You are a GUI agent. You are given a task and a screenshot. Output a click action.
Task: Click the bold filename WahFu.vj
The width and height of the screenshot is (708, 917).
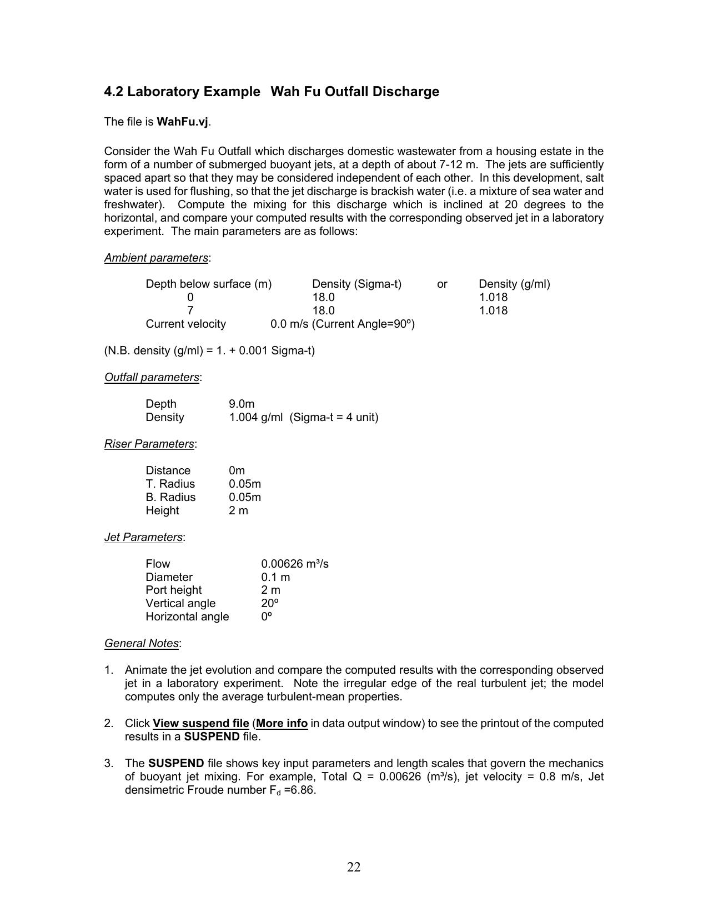click(183, 122)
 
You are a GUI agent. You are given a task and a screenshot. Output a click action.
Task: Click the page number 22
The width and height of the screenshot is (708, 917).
click(354, 867)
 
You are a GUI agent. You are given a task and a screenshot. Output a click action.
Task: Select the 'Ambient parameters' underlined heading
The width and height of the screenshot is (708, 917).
click(156, 258)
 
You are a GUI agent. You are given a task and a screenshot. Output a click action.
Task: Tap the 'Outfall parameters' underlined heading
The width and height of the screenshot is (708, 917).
click(152, 377)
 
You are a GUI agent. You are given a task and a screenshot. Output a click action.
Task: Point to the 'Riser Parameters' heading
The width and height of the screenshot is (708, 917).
click(149, 444)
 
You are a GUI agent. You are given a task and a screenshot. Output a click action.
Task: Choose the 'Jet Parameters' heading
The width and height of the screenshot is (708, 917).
click(143, 537)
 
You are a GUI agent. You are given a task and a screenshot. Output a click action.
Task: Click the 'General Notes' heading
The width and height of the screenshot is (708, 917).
click(142, 643)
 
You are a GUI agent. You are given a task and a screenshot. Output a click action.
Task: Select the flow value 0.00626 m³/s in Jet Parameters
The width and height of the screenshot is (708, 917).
click(295, 564)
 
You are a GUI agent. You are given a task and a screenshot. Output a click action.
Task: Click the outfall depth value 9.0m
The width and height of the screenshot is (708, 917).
click(242, 404)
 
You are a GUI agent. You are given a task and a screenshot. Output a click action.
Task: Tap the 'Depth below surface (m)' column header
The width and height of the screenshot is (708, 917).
click(209, 284)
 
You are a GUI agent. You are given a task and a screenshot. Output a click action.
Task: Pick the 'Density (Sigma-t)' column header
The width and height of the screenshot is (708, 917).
click(356, 284)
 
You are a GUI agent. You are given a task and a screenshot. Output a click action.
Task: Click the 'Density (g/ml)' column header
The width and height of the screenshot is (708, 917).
click(514, 284)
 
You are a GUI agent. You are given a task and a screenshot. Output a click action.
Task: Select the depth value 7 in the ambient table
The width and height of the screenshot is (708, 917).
click(190, 310)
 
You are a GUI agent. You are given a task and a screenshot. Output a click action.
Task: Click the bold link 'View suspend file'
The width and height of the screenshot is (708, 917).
click(200, 723)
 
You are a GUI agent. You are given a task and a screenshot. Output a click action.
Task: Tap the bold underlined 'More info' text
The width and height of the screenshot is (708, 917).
click(282, 723)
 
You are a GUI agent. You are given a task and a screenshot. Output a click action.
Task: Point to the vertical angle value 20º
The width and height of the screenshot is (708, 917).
click(270, 603)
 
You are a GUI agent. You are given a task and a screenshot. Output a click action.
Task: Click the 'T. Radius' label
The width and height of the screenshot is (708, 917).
click(170, 484)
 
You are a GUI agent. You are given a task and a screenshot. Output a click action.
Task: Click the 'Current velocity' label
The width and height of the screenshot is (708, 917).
click(185, 324)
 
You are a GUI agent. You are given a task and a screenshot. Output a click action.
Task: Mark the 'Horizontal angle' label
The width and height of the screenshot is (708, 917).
click(187, 617)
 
